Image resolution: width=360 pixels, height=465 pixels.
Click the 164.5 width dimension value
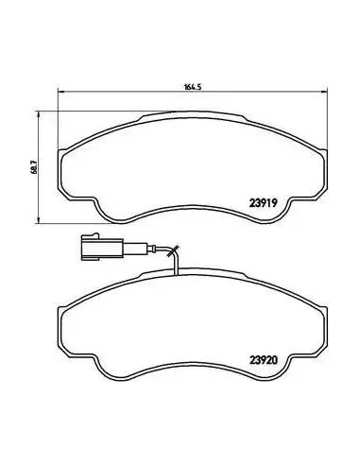192,87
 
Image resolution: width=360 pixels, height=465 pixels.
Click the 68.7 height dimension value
35,167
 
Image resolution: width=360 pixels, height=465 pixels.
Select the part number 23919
263,203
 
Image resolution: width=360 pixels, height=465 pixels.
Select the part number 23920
264,360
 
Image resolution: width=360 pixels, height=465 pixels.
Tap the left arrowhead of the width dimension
61,92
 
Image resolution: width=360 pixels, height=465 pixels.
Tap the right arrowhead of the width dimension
324,92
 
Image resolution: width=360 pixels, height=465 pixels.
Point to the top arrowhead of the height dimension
39,114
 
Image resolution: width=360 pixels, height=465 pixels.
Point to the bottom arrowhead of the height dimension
39,220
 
